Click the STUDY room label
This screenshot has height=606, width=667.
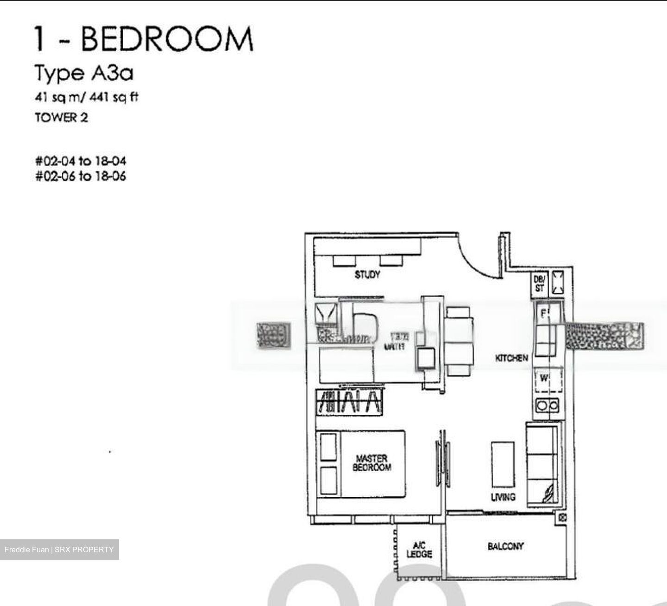(x=367, y=275)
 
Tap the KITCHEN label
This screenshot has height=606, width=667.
(x=511, y=358)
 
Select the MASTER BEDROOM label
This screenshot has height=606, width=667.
(x=372, y=463)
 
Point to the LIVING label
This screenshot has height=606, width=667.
(x=503, y=497)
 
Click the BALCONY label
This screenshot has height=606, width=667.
(x=505, y=546)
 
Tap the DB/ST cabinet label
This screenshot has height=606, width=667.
(x=539, y=283)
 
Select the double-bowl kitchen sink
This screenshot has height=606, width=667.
(x=547, y=406)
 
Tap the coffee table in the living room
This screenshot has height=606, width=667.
(x=503, y=464)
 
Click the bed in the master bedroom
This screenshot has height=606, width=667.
(x=360, y=464)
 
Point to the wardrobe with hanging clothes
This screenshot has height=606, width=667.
(x=350, y=402)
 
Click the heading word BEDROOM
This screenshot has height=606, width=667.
(x=167, y=39)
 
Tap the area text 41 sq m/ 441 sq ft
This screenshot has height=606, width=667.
(x=87, y=98)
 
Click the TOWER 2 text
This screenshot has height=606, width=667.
(x=61, y=118)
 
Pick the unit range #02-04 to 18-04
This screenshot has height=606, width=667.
(x=81, y=161)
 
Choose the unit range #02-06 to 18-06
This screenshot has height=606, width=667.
(x=81, y=176)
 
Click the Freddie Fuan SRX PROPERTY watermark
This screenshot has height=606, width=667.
(x=59, y=550)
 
